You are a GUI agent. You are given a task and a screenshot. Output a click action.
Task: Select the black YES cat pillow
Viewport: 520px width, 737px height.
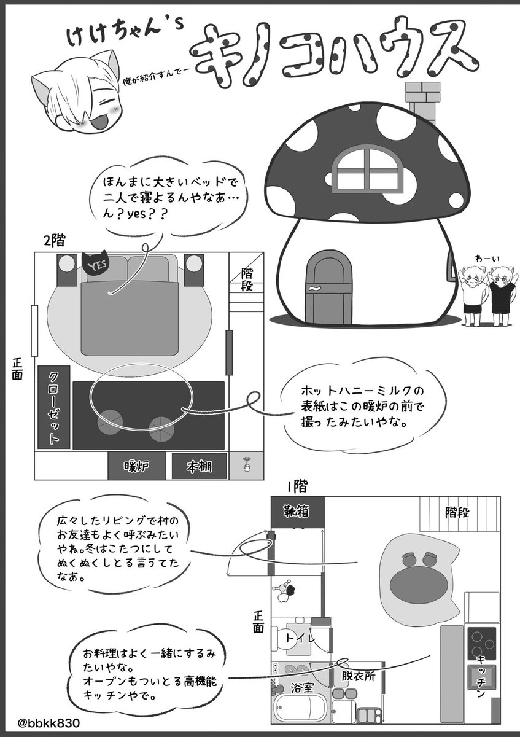(x=98, y=265)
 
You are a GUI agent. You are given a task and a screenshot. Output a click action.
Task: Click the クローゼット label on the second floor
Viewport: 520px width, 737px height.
(x=53, y=407)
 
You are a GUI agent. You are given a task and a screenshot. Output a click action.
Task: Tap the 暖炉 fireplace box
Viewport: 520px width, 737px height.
(x=136, y=466)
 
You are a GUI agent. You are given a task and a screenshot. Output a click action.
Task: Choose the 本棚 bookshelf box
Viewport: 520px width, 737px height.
(x=200, y=466)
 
